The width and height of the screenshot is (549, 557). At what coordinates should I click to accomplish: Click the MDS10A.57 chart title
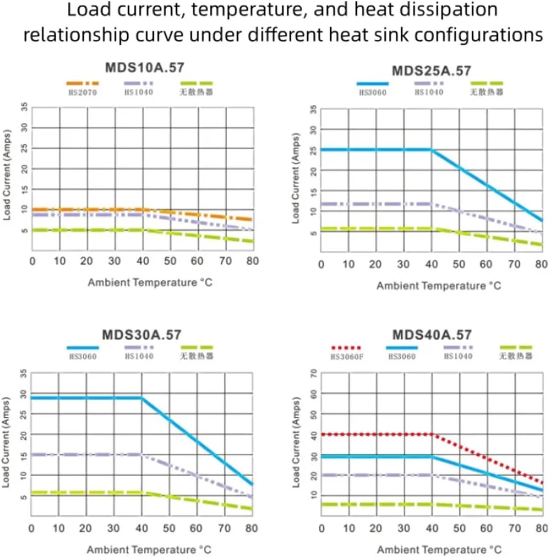pos(145,68)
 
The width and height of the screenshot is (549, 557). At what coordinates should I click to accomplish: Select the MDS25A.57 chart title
pos(431,71)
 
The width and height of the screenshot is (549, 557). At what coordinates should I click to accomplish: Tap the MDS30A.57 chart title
pos(141,335)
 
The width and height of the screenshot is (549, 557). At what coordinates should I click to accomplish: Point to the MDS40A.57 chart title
pos(432,335)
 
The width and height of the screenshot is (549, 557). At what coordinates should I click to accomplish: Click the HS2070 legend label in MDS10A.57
pos(83,92)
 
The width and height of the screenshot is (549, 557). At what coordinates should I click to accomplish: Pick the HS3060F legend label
pos(347,357)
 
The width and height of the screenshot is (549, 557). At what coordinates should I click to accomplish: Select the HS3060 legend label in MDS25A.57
pos(372,92)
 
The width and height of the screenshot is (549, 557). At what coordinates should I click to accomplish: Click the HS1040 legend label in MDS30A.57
pos(139,356)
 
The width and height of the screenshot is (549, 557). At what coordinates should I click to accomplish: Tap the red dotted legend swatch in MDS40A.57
pos(346,348)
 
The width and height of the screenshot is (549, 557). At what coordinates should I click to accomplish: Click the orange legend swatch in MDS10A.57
pos(83,83)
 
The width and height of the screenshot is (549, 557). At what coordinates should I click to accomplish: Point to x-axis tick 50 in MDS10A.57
pos(170,261)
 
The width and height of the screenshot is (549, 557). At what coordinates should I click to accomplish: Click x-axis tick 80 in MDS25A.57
pos(541,264)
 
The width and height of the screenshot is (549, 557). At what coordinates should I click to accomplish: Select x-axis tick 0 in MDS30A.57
pos(31,528)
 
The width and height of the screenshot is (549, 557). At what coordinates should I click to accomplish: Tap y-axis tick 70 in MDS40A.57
pos(314,373)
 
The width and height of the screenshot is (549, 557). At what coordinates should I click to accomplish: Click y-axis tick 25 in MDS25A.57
pos(313,150)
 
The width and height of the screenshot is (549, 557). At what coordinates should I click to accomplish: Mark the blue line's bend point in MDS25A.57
pos(432,150)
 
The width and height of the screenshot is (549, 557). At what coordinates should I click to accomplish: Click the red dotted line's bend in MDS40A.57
pos(432,434)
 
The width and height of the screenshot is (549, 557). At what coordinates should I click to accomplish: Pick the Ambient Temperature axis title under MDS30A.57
pos(149,550)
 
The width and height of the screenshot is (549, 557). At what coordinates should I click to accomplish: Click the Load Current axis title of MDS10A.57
pos(7,175)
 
